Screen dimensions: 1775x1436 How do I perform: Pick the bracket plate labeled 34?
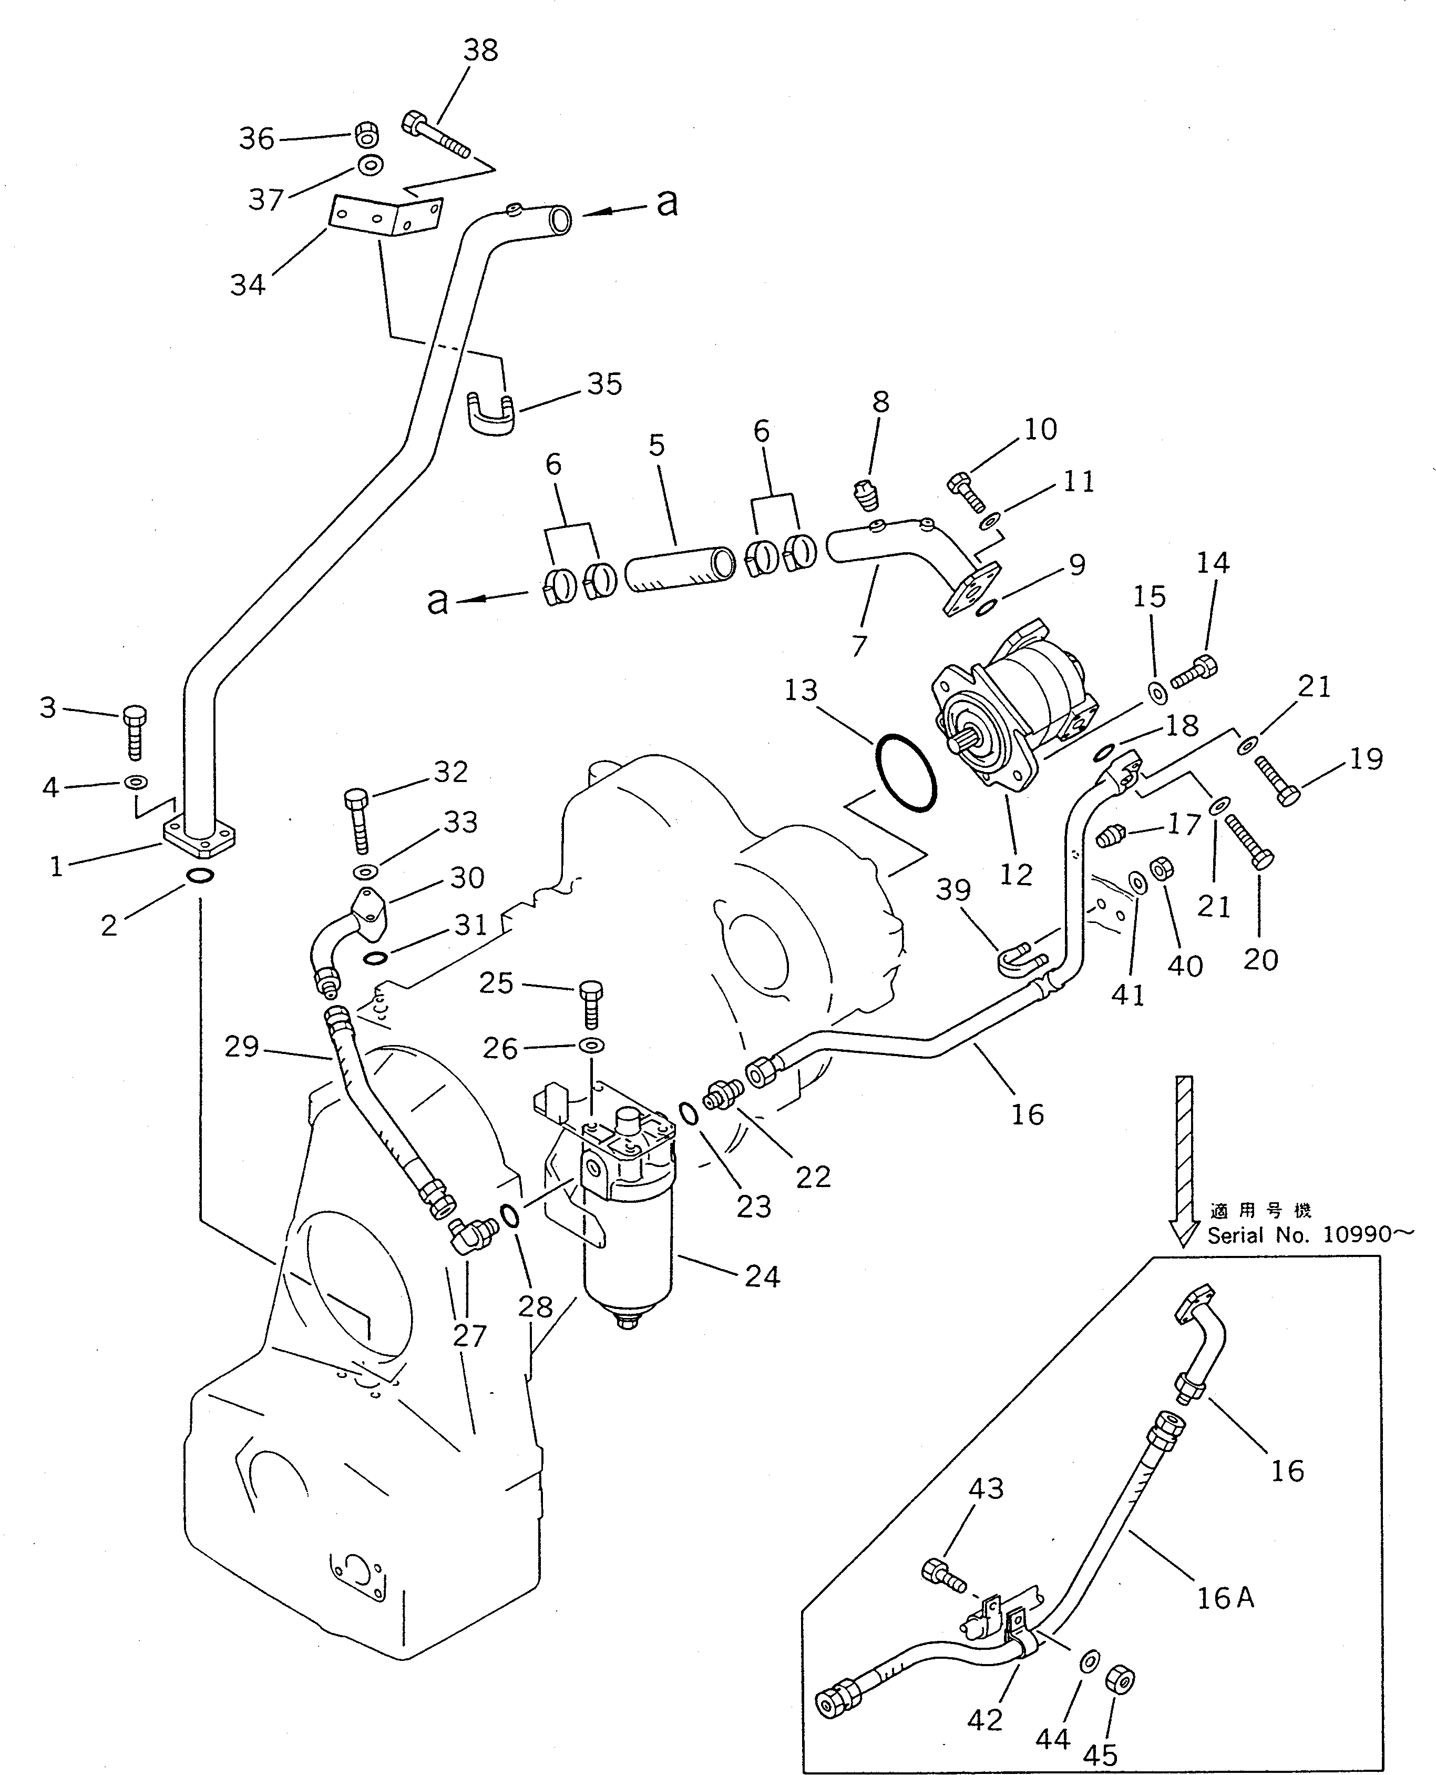coord(385,218)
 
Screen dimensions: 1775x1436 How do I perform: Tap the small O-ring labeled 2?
coord(199,876)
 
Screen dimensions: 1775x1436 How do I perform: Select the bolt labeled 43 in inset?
coord(942,1575)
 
